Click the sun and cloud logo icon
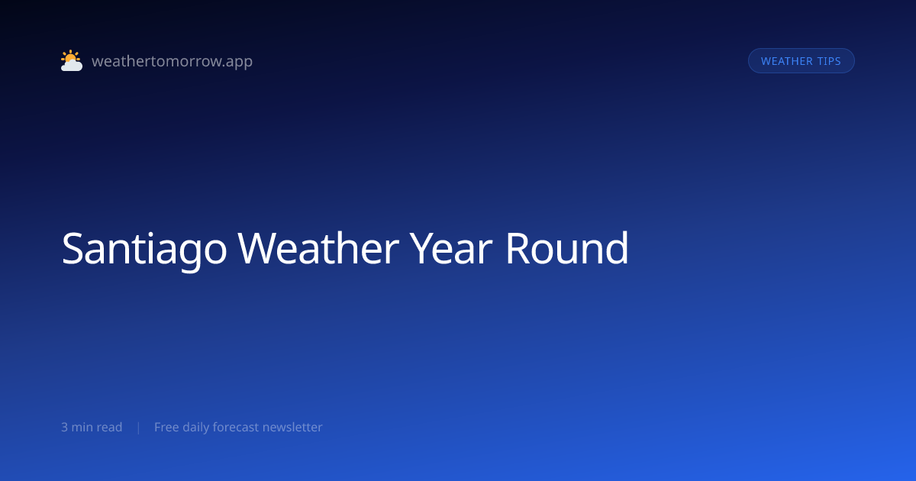(x=72, y=60)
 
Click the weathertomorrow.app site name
(x=173, y=61)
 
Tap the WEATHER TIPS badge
(x=801, y=61)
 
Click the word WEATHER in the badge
(x=787, y=61)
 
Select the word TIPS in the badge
(x=829, y=61)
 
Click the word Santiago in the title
(x=144, y=249)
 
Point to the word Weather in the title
(x=318, y=248)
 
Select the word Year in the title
(x=450, y=248)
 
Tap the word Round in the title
(x=566, y=247)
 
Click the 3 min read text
(x=92, y=428)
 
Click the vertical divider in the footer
(x=139, y=428)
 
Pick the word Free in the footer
(x=166, y=428)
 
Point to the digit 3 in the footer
(x=65, y=428)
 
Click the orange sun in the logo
(x=70, y=56)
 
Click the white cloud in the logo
(x=72, y=65)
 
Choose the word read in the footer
(x=109, y=428)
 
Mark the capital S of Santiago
(x=73, y=248)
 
